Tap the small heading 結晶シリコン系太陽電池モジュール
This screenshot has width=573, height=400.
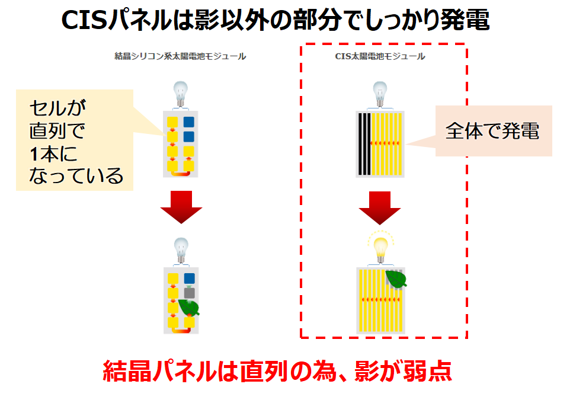tap(180, 57)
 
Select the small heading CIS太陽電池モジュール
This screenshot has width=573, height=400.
tap(380, 57)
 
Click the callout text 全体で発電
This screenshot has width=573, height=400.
tap(492, 131)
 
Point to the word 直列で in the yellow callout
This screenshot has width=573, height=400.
tap(57, 130)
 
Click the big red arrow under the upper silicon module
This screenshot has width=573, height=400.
tap(181, 207)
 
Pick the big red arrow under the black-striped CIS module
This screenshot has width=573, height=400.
tap(380, 207)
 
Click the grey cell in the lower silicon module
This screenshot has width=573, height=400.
tap(189, 292)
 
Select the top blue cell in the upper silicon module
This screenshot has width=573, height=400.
tap(189, 123)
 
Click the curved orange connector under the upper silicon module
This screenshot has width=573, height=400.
tap(181, 173)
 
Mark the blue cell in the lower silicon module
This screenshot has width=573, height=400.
tap(189, 279)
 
